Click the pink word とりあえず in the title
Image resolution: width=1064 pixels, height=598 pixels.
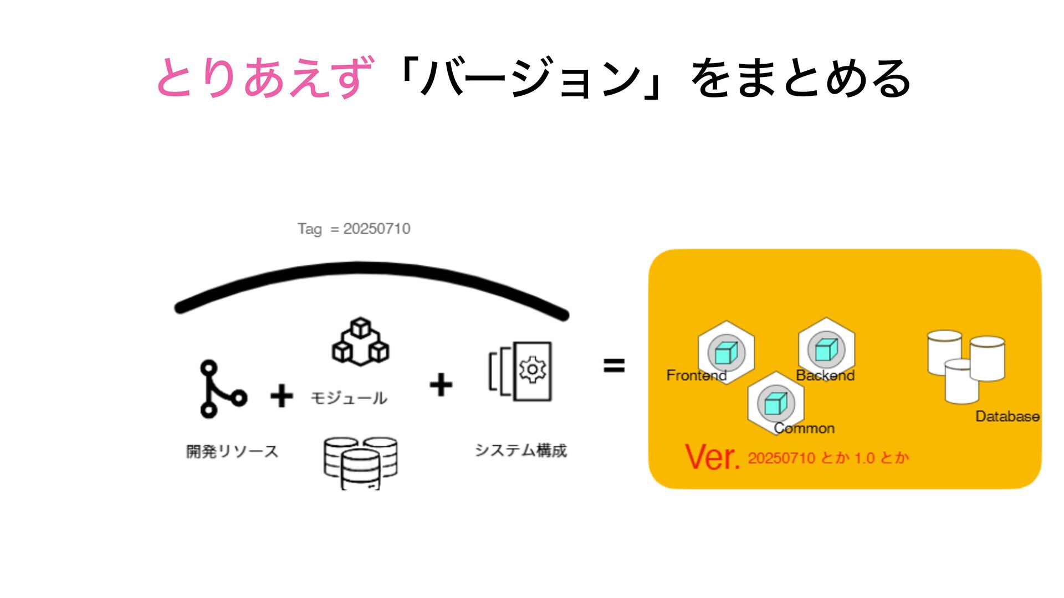coord(265,78)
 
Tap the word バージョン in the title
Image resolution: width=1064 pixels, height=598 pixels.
coord(529,78)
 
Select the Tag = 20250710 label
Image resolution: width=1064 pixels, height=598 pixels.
coord(354,229)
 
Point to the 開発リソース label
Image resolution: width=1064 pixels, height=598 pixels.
coord(232,451)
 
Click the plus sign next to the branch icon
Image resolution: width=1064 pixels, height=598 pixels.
coord(282,396)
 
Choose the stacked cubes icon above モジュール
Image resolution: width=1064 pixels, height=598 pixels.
coord(360,342)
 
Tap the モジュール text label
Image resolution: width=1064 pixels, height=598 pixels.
coord(349,398)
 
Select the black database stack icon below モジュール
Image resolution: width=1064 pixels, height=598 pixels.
coord(360,463)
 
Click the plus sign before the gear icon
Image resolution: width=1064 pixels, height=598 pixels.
coord(441,384)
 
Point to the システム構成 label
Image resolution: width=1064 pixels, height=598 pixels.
coord(521,450)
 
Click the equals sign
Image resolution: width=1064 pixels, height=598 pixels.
coord(614,365)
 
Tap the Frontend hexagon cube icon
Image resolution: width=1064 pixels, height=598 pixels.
coord(726,352)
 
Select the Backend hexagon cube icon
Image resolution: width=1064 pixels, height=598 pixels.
coord(826,349)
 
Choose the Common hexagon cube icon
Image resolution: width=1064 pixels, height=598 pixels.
coord(776,403)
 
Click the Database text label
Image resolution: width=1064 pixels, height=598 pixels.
coord(1007,416)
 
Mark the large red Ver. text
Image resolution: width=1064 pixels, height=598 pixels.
coord(712,457)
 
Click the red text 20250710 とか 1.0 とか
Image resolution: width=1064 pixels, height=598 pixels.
coord(828,458)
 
